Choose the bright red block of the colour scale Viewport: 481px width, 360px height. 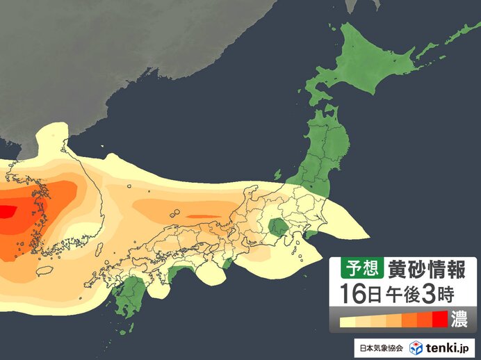[x=439, y=320]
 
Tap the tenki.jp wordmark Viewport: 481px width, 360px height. [x=449, y=347]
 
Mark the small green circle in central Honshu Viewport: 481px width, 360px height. [x=279, y=227]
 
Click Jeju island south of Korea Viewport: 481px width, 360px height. [x=45, y=270]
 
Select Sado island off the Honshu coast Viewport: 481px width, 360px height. [x=279, y=174]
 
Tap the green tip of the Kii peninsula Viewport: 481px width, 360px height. [x=228, y=263]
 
